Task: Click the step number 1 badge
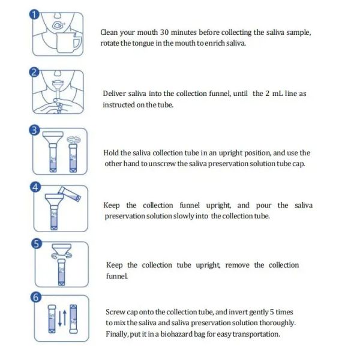(34, 14)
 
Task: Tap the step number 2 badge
(34, 73)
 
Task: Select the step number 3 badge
(34, 130)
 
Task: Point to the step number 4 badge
(35, 187)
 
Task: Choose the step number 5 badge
(37, 244)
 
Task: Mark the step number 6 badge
(36, 298)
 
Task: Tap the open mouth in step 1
(57, 25)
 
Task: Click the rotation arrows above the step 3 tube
(74, 139)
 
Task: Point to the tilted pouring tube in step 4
(70, 194)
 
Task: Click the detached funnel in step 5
(62, 250)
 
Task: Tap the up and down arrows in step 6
(62, 318)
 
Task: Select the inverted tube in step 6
(73, 319)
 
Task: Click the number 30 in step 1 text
(164, 32)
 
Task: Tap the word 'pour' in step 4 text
(263, 206)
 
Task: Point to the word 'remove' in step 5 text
(237, 265)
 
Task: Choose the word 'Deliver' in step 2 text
(113, 94)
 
